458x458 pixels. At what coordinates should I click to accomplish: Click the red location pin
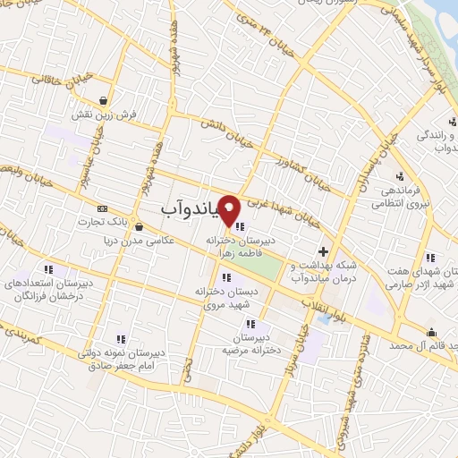230,211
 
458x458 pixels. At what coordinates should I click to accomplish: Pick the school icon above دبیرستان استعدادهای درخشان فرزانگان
50,267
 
